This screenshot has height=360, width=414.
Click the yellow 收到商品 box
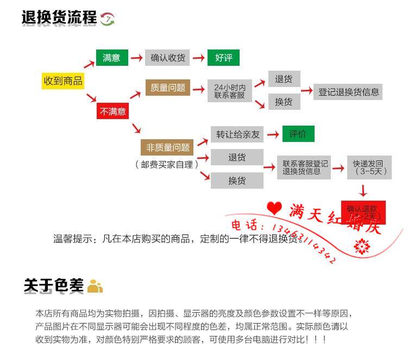[63, 81]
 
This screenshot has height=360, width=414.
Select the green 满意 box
[111, 58]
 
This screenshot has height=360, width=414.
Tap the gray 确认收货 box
[167, 58]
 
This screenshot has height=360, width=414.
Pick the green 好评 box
[223, 58]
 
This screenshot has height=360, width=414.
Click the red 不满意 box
[112, 111]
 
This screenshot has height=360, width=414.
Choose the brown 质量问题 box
[168, 88]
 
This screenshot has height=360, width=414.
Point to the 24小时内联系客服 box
[230, 91]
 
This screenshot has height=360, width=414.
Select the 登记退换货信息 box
[348, 92]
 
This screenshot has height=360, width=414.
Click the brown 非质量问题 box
[168, 147]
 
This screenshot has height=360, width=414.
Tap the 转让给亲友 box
[237, 134]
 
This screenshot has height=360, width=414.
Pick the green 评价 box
[298, 134]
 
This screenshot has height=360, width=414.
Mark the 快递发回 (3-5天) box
[369, 167]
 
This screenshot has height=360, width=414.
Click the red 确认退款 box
[363, 212]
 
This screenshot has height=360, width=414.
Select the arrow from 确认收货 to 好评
[199, 58]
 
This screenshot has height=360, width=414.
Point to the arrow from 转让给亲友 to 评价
[273, 134]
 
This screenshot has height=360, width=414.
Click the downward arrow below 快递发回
[363, 190]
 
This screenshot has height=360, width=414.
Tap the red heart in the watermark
[274, 208]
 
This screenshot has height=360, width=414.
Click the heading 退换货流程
[59, 18]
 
